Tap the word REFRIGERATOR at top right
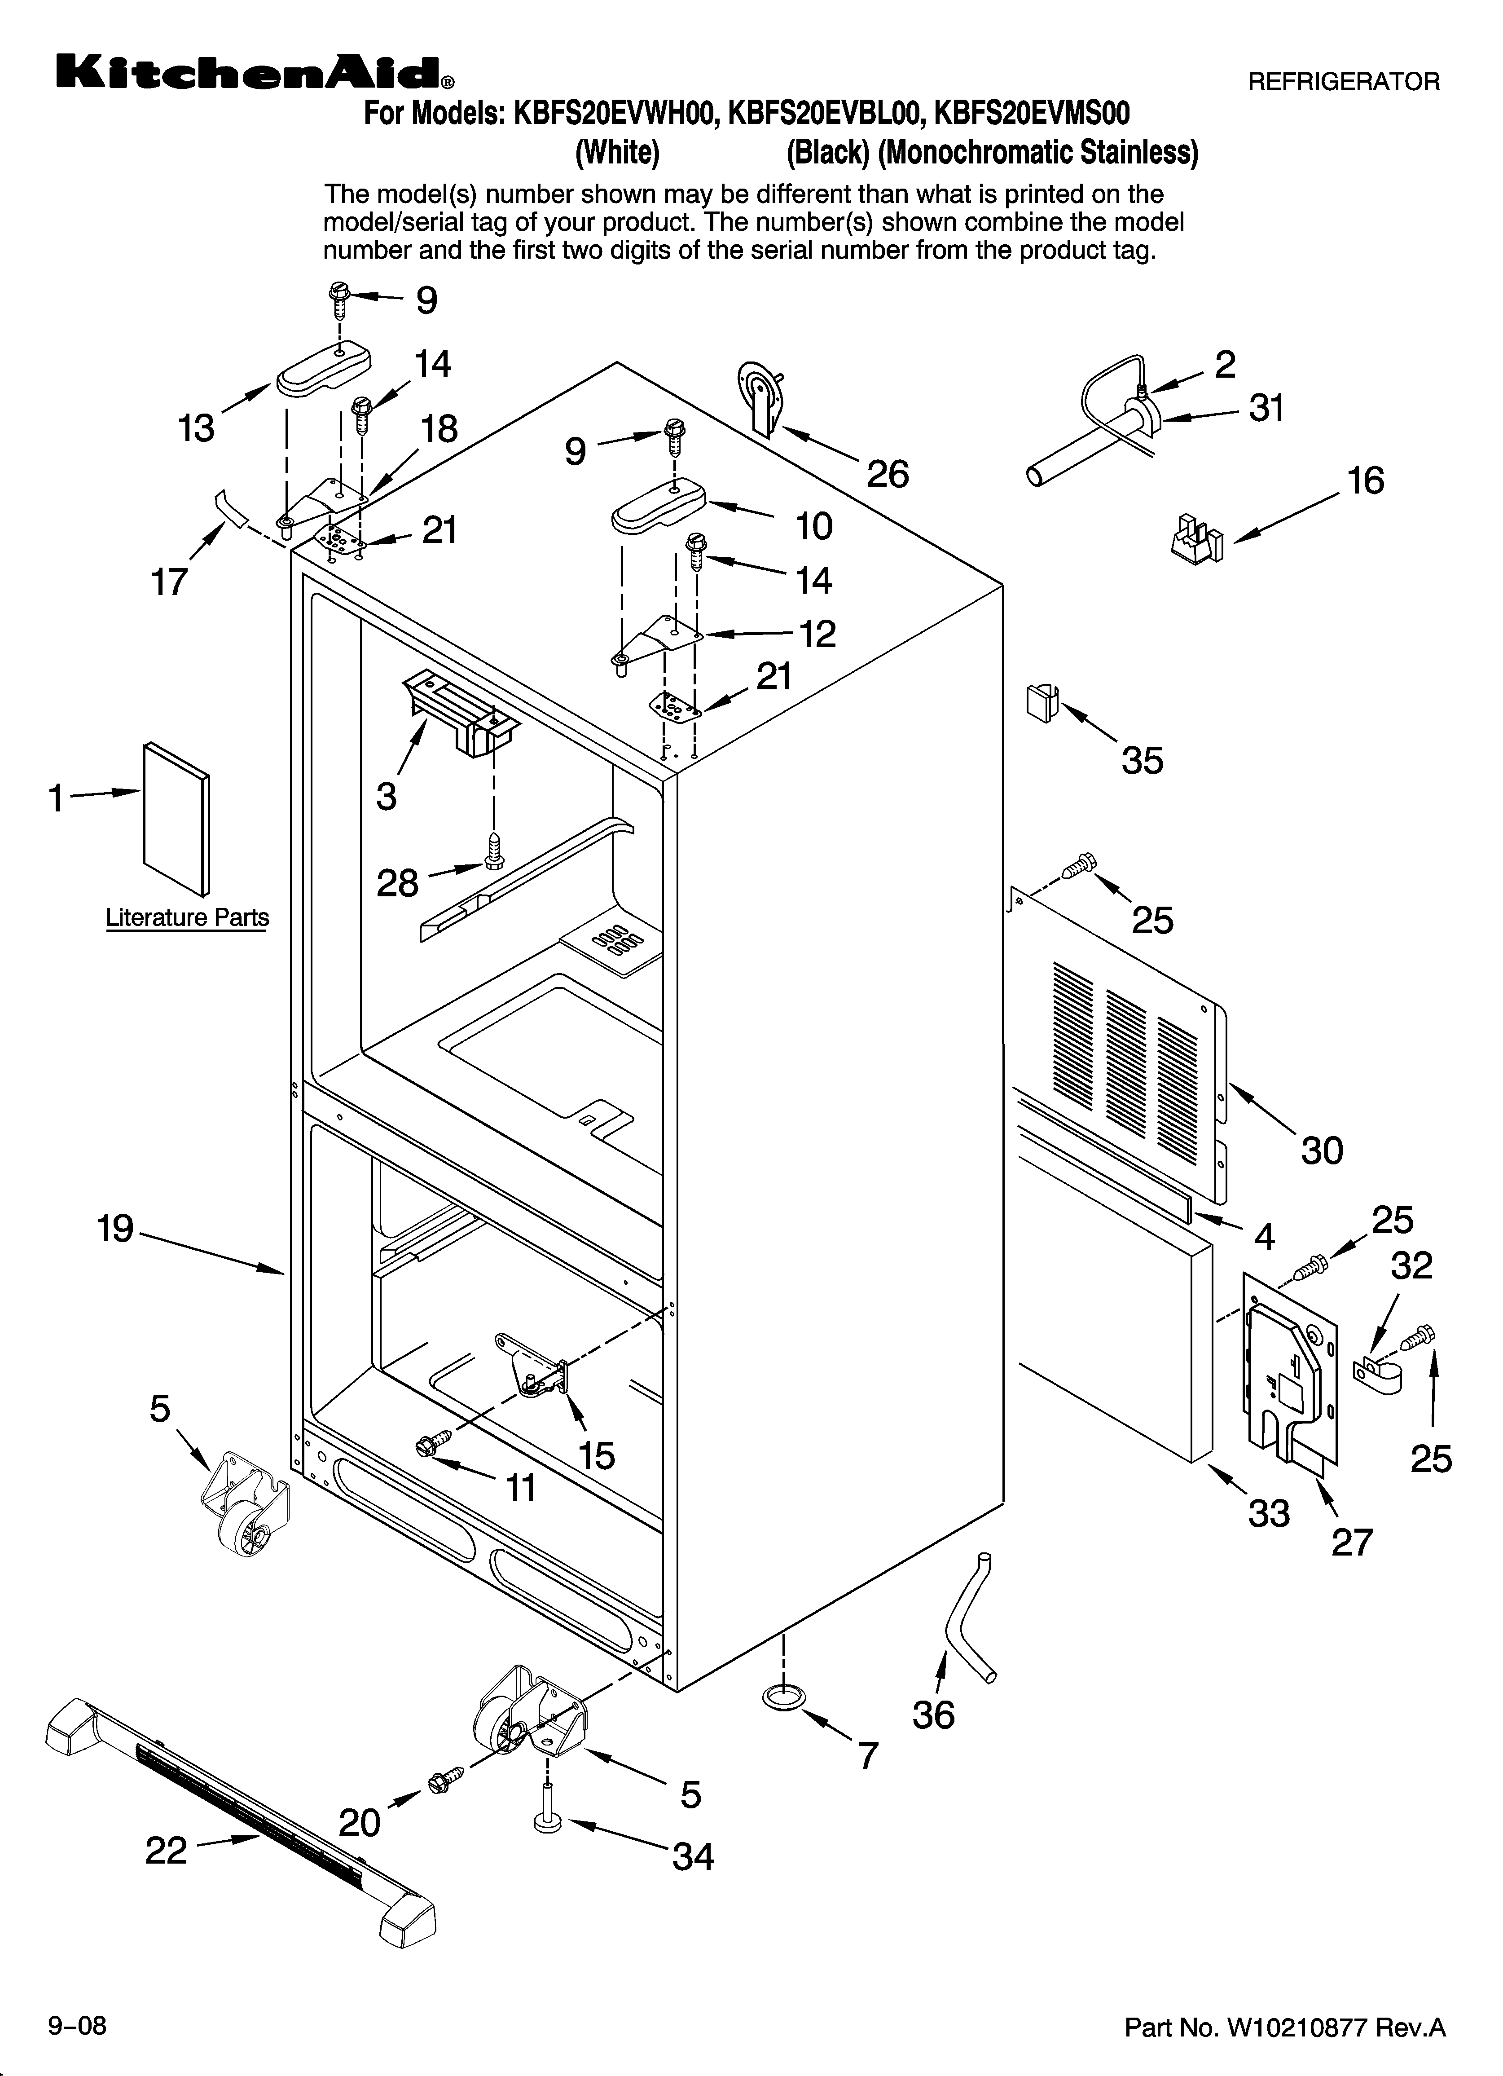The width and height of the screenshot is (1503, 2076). coord(1344,82)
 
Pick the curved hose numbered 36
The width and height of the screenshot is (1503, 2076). coord(968,1618)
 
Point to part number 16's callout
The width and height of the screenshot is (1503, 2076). coord(1366,481)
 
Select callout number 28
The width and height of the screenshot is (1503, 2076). coord(397,883)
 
